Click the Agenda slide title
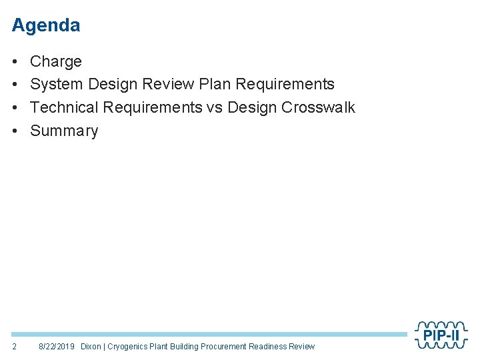[46, 25]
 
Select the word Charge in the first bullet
[56, 61]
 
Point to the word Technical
[64, 107]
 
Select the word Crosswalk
[319, 107]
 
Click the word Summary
[64, 131]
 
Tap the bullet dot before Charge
[15, 62]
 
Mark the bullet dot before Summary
[15, 131]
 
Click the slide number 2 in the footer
[15, 347]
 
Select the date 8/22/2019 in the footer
[57, 347]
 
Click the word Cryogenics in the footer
[128, 347]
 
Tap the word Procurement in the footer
[223, 347]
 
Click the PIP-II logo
[441, 335]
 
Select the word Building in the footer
[184, 347]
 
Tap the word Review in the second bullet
[170, 84]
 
